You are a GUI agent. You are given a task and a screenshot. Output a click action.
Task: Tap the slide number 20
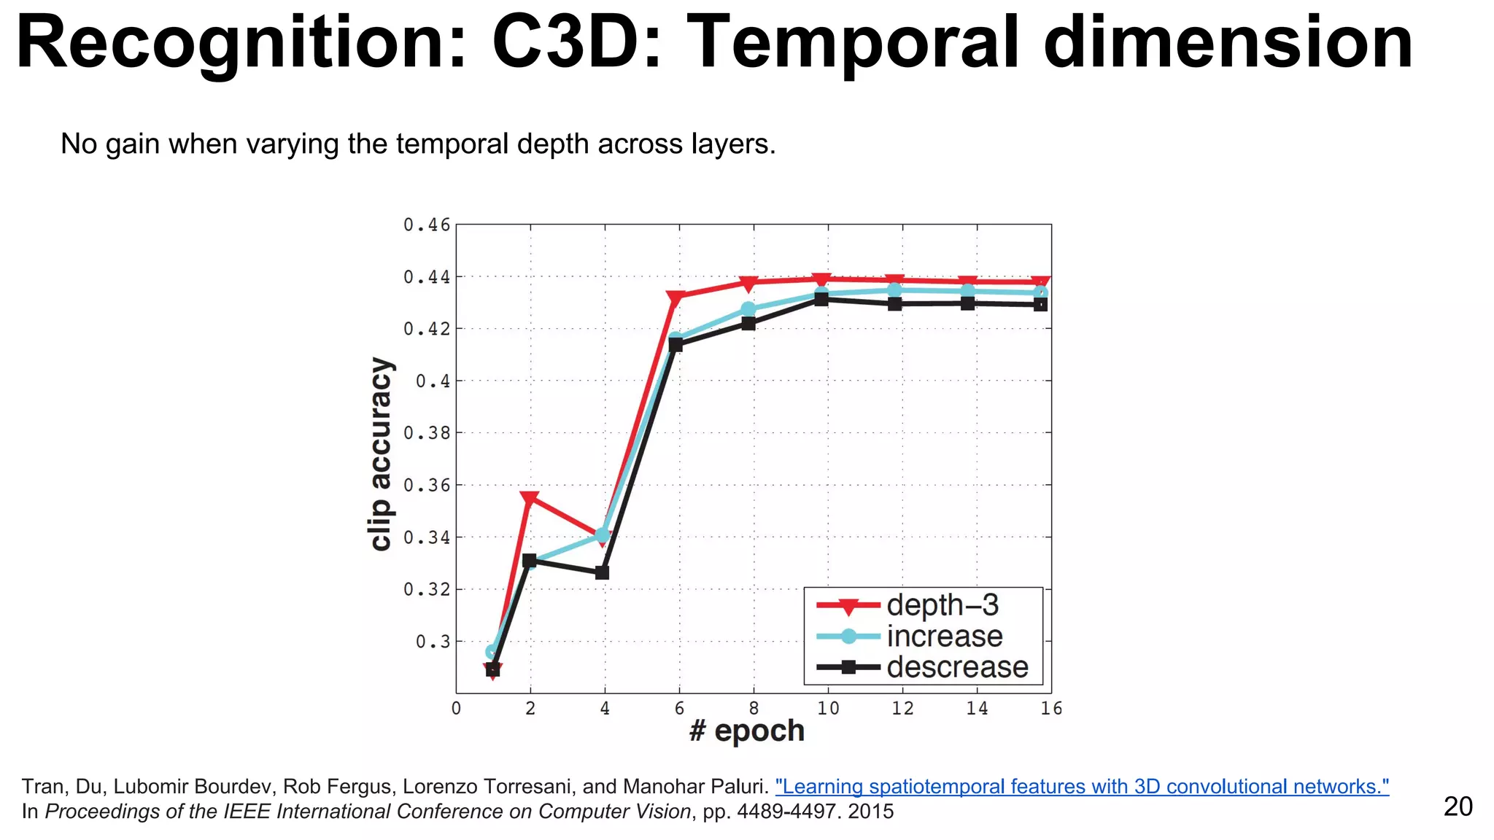point(1458,806)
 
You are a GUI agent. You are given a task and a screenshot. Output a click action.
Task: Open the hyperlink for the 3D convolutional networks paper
point(1082,787)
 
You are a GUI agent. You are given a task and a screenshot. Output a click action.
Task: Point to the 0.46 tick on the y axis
point(427,225)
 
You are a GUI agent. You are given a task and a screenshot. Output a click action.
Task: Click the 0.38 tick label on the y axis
point(427,433)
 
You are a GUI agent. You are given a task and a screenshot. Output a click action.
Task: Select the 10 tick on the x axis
point(828,708)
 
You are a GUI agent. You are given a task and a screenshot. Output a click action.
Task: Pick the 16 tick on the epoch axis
point(1050,708)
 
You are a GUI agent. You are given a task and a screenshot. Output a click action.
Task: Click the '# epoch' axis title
point(746,731)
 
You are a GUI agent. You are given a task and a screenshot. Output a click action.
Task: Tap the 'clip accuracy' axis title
point(381,454)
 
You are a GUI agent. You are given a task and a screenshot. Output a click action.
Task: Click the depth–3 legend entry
point(942,605)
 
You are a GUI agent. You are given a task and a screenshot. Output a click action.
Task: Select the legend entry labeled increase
point(944,637)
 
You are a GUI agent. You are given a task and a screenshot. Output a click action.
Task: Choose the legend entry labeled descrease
point(956,667)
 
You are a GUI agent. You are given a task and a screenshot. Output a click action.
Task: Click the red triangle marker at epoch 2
point(530,499)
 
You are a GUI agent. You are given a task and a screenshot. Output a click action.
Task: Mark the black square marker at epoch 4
point(602,572)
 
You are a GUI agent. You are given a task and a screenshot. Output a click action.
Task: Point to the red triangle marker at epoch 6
point(676,297)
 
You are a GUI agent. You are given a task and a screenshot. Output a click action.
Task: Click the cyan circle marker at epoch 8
point(748,309)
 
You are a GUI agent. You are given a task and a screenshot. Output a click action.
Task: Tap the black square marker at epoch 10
point(821,299)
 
